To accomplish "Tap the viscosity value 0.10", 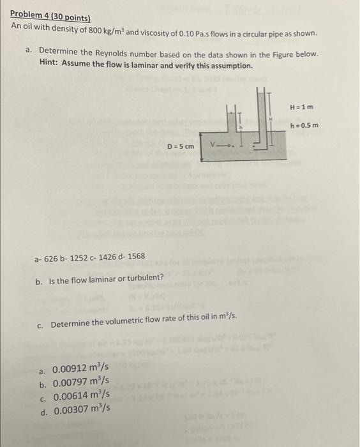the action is tap(190, 30).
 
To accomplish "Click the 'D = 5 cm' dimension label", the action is tap(180, 146).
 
